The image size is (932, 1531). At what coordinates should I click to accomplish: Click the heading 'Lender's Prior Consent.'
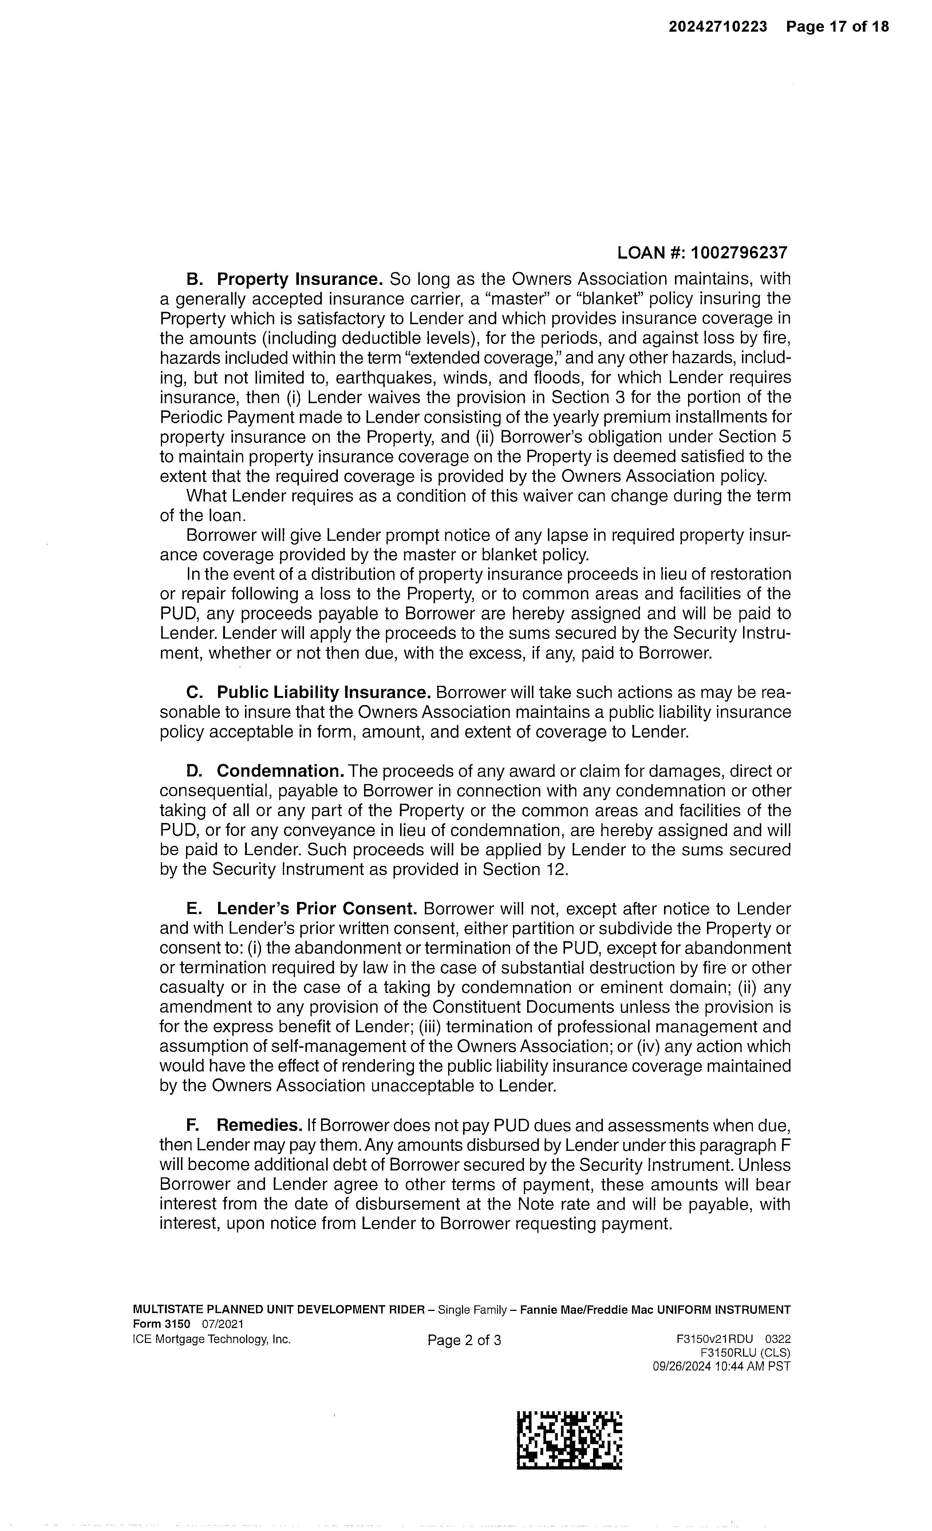316,909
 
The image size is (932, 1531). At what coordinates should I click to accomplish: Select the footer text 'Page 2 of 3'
464,1340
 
